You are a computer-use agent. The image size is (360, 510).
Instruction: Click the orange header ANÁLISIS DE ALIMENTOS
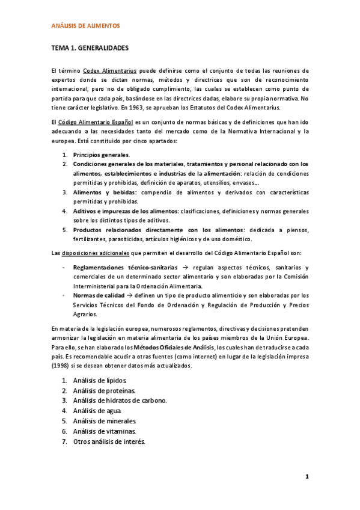(x=85, y=26)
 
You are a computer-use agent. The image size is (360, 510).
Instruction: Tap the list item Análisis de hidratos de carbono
(x=120, y=401)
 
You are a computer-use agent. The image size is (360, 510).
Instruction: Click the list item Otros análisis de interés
(x=109, y=441)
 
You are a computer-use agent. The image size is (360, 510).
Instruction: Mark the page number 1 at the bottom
(x=307, y=477)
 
